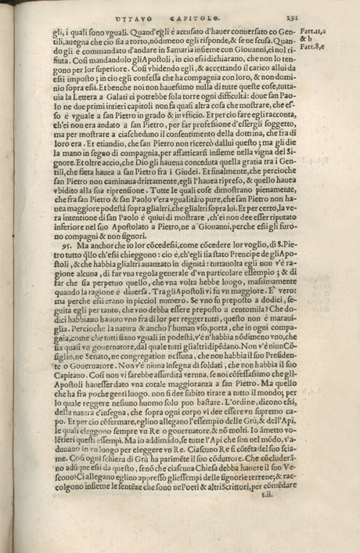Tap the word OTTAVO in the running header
click(131, 13)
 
